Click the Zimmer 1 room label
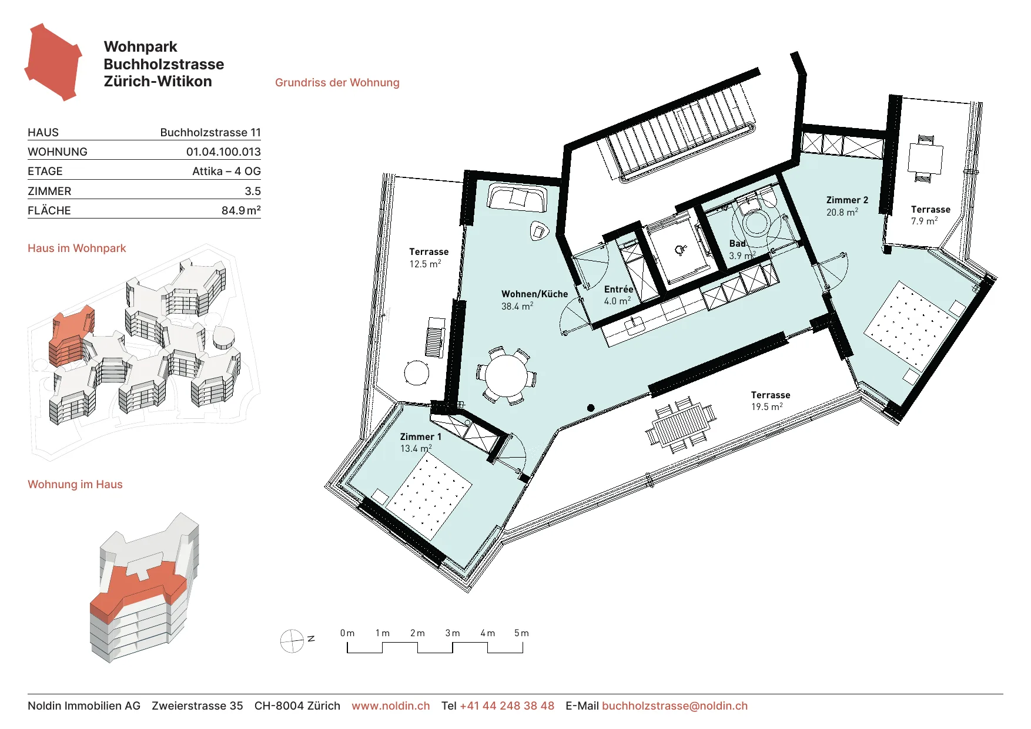(x=420, y=436)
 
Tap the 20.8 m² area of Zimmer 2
(x=842, y=212)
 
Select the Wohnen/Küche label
(x=534, y=294)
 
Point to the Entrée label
(x=618, y=289)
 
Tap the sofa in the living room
(x=517, y=198)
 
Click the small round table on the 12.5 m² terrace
(x=417, y=372)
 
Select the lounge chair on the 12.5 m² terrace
(x=436, y=337)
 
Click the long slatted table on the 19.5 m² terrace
(x=681, y=424)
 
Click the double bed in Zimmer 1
(x=433, y=497)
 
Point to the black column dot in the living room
(x=591, y=408)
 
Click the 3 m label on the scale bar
(x=453, y=633)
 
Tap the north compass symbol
(x=292, y=641)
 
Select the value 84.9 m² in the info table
(x=241, y=210)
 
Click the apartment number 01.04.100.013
(x=223, y=152)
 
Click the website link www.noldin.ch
(x=391, y=706)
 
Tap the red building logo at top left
(x=53, y=62)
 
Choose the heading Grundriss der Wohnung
(x=337, y=82)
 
